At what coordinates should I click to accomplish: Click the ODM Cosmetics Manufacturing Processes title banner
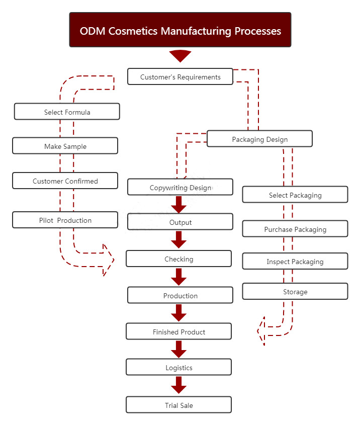tap(180, 30)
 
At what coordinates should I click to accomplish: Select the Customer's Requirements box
tap(180, 77)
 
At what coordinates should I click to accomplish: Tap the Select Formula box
tap(67, 112)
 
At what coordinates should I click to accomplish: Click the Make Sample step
tap(65, 146)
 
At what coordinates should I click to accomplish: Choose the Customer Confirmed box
tap(65, 181)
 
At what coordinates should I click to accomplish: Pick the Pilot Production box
tap(65, 220)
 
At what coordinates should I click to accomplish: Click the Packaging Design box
tap(259, 139)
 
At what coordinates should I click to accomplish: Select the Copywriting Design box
tap(180, 187)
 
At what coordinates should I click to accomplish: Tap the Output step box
tap(180, 222)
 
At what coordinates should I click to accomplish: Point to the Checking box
tap(178, 259)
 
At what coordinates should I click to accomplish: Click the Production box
tap(180, 295)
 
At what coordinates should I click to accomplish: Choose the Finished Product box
tap(178, 331)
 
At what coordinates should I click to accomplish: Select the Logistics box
tap(178, 367)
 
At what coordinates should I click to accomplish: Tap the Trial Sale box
tap(178, 405)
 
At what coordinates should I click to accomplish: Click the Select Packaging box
tap(295, 195)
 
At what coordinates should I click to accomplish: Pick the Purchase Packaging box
tap(295, 229)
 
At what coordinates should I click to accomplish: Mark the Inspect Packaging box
tap(295, 261)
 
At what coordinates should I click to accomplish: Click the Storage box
tap(295, 291)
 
